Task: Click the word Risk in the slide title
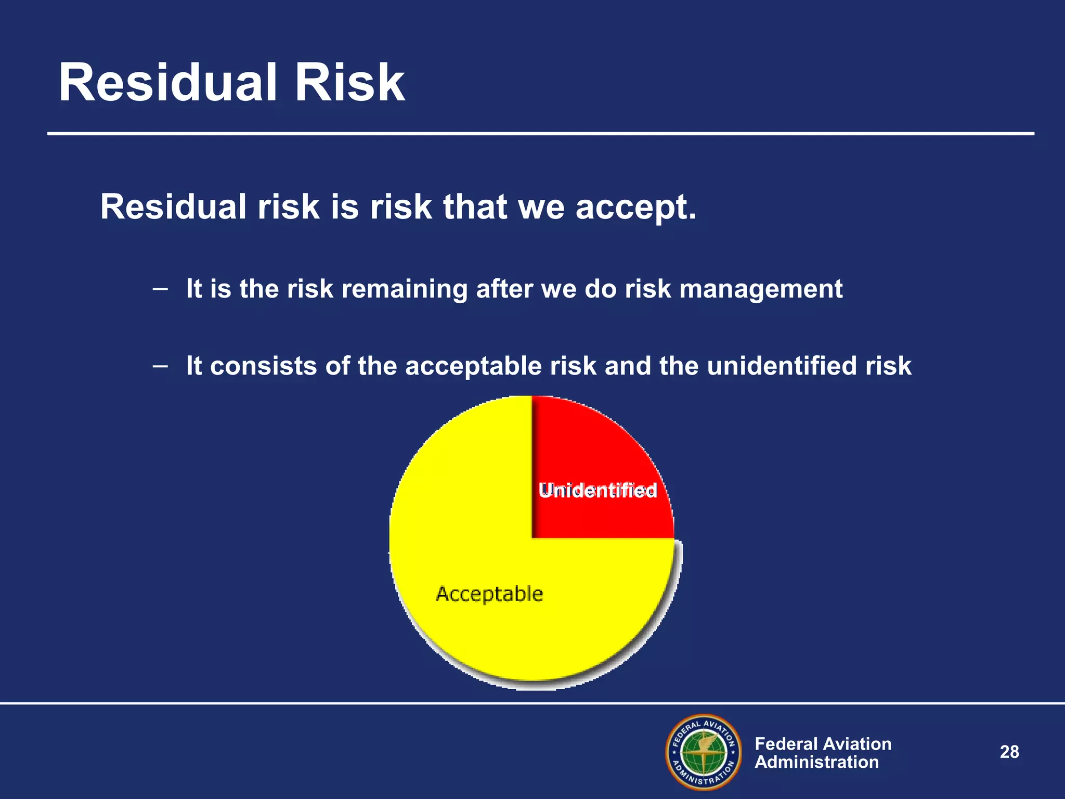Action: pyautogui.click(x=349, y=83)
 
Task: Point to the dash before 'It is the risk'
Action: pyautogui.click(x=160, y=289)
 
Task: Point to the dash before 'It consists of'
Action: pyautogui.click(x=160, y=366)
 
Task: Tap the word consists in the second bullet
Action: pyautogui.click(x=263, y=366)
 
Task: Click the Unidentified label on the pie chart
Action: pyautogui.click(x=598, y=491)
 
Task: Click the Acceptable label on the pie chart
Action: pyautogui.click(x=489, y=594)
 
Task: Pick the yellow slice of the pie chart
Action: pyautogui.click(x=468, y=520)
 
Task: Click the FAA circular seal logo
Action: pyautogui.click(x=704, y=752)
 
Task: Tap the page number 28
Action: pyautogui.click(x=1009, y=752)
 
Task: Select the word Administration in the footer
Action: pyautogui.click(x=816, y=763)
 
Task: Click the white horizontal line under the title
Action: pyautogui.click(x=541, y=134)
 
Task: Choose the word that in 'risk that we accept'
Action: pyautogui.click(x=475, y=207)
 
